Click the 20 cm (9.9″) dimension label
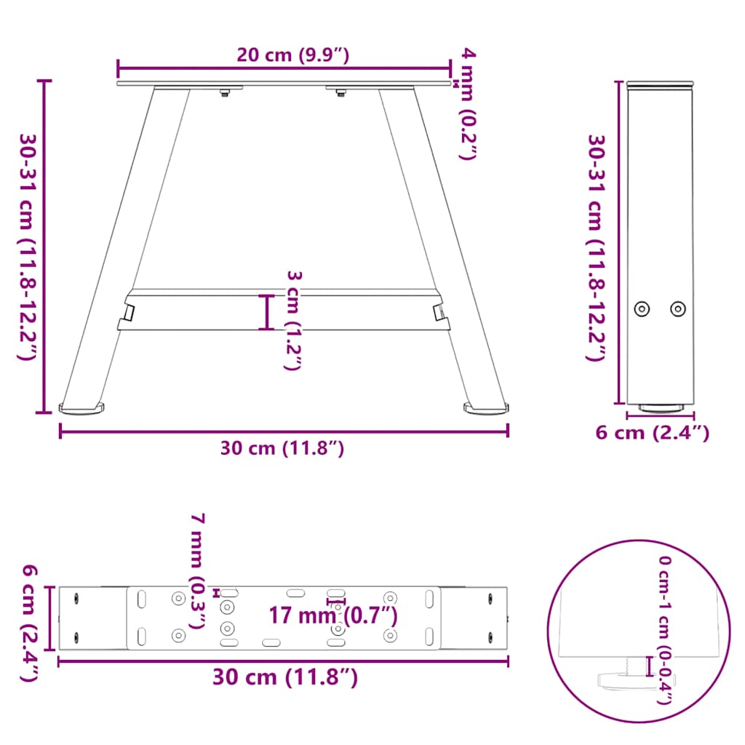[284, 55]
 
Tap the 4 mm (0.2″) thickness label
[466, 102]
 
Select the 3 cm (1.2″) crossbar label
[292, 320]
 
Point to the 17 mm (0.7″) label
[333, 615]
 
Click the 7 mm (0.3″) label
[197, 570]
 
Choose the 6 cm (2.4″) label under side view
[652, 433]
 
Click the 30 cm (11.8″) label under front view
[283, 449]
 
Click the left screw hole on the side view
[642, 308]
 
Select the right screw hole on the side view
[678, 308]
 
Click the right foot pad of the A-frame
[486, 410]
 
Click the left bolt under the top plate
[226, 92]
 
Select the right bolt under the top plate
[340, 92]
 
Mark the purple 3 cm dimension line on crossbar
[268, 312]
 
